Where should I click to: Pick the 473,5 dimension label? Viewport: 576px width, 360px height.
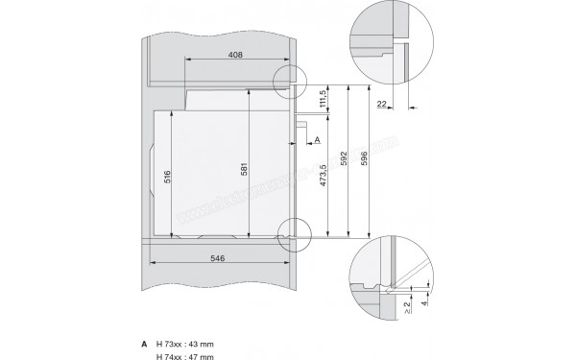(x=326, y=179)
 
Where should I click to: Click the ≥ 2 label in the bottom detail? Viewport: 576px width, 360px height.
(x=409, y=308)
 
